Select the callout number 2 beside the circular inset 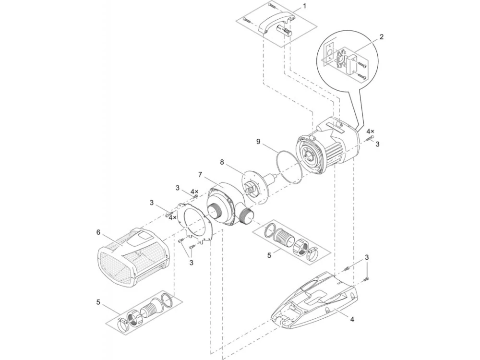pyautogui.click(x=381, y=37)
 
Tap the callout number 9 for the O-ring pyautogui.click(x=258, y=142)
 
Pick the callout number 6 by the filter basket pyautogui.click(x=98, y=232)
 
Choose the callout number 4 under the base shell pyautogui.click(x=352, y=319)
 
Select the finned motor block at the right pyautogui.click(x=327, y=143)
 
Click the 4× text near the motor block pyautogui.click(x=370, y=132)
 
